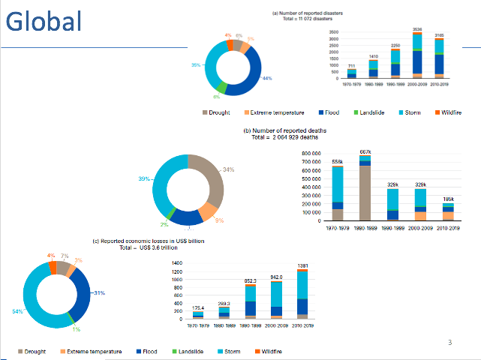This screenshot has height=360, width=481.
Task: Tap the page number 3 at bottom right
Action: [449, 343]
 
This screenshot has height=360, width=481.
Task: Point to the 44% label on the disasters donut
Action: [266, 79]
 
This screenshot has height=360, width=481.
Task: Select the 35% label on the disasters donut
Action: [195, 65]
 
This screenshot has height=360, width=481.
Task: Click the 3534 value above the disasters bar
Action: [417, 29]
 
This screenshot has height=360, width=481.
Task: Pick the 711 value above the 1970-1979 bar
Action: [352, 66]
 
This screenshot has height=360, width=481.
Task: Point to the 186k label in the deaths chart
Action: [448, 199]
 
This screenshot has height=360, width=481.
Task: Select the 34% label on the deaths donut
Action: [229, 169]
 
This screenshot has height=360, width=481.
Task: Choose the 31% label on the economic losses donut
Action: [98, 292]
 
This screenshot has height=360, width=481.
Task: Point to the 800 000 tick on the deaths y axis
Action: [311, 153]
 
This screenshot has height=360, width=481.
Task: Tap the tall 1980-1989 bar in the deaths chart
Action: [365, 192]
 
